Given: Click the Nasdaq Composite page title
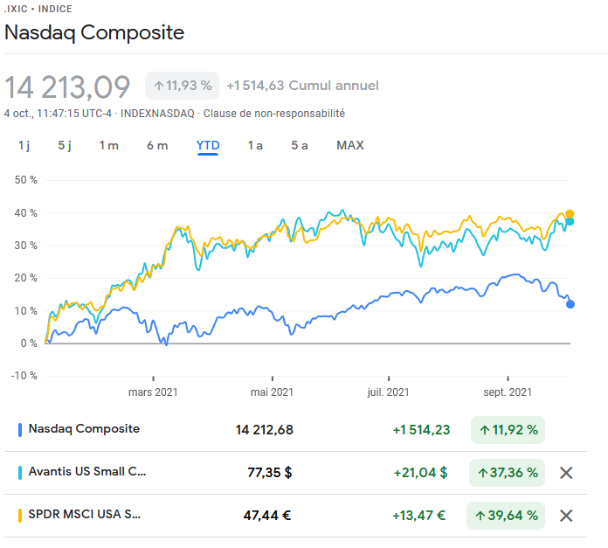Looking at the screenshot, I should [94, 33].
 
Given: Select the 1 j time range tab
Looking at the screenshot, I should [24, 145].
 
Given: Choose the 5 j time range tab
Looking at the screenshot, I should [65, 145].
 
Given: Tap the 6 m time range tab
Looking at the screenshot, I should [157, 145].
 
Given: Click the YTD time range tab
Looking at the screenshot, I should [208, 145].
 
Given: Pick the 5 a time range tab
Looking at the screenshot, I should [299, 145].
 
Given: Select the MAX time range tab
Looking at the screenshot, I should [350, 145].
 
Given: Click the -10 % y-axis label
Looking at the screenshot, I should [24, 376].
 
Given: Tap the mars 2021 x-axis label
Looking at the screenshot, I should [153, 392].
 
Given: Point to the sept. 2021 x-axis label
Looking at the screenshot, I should [508, 392].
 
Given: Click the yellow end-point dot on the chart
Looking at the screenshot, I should [570, 213].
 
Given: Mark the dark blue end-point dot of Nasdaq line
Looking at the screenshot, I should [570, 304].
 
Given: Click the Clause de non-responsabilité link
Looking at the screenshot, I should [274, 114].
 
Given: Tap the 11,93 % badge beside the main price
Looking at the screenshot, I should [183, 86].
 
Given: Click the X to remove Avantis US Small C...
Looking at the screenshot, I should [566, 473].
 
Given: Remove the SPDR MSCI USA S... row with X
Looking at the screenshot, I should [566, 516].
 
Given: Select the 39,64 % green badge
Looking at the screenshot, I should [506, 516].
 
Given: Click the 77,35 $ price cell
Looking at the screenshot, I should [270, 473].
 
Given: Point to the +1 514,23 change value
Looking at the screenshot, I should [421, 429].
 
